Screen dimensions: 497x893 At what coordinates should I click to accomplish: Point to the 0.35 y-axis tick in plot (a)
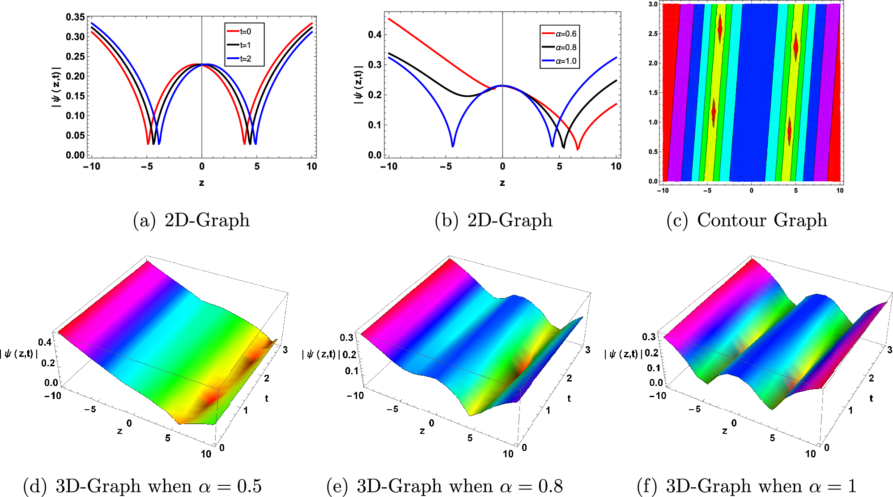pos(75,17)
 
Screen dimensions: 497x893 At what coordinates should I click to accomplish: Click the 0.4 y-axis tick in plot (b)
pos(375,34)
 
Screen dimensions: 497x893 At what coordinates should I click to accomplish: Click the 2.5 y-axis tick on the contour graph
pos(653,34)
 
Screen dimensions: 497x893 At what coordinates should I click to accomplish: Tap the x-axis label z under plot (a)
pos(202,183)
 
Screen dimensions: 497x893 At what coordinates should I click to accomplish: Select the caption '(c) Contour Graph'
pos(747,220)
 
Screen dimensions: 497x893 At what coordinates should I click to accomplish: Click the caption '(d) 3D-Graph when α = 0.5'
pos(142,486)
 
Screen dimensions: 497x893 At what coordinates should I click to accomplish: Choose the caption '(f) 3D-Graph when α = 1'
pos(746,486)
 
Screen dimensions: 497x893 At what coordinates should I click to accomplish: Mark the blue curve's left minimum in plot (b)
pos(453,146)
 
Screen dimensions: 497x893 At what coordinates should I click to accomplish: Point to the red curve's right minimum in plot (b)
pos(578,149)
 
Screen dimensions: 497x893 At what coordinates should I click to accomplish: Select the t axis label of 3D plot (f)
pos(871,398)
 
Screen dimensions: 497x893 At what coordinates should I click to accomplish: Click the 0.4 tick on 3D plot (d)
pos(45,343)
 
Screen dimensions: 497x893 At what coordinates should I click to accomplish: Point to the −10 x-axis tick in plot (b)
pos(389,167)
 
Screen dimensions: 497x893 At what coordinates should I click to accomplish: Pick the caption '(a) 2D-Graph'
pos(191,220)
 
